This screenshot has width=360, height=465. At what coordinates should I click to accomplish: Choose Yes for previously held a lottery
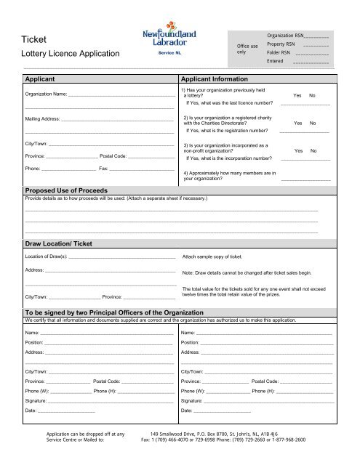pos(297,96)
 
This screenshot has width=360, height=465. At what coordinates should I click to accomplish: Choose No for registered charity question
pos(313,124)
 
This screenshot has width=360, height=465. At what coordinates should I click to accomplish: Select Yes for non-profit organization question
pos(297,151)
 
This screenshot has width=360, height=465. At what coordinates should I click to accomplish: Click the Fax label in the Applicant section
pos(103,169)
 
